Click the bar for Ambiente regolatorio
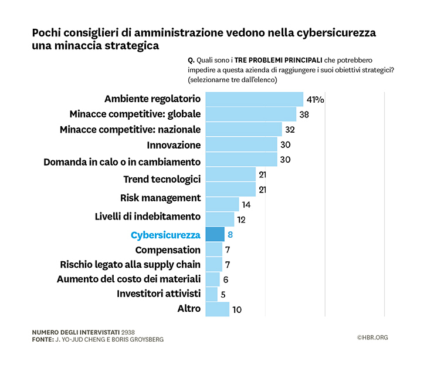(254, 99)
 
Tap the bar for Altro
(217, 309)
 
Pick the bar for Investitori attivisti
(211, 294)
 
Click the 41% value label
(315, 99)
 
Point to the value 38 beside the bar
(304, 114)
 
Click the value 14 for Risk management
(247, 205)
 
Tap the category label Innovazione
(174, 145)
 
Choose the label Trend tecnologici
(162, 179)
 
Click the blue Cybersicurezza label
(165, 235)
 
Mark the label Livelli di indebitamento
(147, 216)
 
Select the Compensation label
(168, 250)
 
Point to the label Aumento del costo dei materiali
(128, 279)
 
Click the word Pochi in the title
(48, 33)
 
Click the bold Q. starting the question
(191, 60)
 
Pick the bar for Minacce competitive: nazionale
(243, 129)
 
